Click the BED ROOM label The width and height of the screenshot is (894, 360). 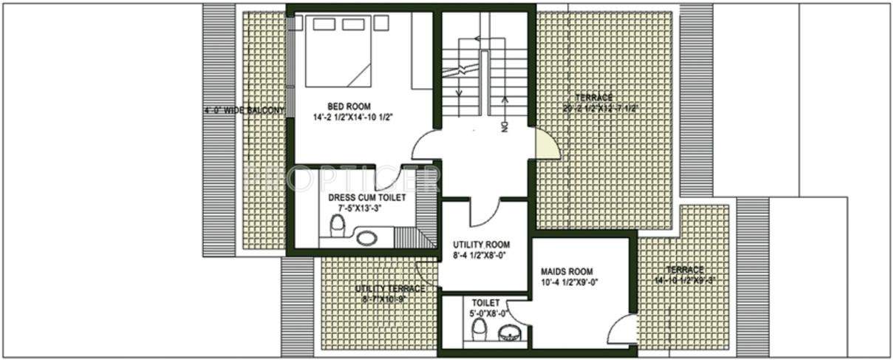tap(349, 106)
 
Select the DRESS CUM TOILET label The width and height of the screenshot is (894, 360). tap(361, 198)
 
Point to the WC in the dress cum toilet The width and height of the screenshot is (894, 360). tap(338, 225)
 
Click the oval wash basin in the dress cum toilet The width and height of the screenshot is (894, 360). tap(366, 238)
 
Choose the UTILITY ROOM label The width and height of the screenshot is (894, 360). tap(481, 245)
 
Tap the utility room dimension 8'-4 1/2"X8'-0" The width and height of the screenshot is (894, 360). tap(481, 257)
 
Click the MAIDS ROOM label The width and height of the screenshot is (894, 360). tap(566, 271)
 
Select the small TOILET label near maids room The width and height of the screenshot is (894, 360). tap(485, 303)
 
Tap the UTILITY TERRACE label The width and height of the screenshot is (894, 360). tap(389, 288)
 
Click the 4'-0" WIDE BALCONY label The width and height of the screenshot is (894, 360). tap(245, 111)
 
